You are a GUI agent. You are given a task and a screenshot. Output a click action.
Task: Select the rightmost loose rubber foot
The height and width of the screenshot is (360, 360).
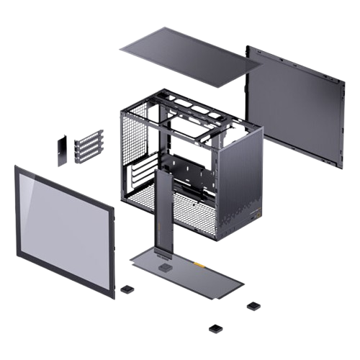pos(253,305)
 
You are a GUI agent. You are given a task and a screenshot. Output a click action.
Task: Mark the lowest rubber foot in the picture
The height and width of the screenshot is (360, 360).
pos(215,328)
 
